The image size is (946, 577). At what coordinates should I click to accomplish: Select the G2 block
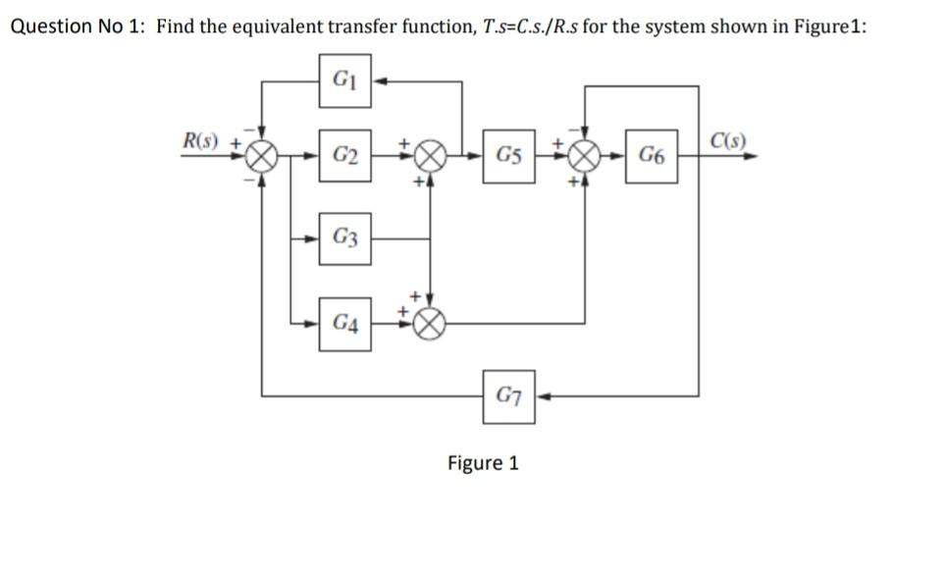(x=344, y=155)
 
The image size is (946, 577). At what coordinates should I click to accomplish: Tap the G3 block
(x=344, y=237)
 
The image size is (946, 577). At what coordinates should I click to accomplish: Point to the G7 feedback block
(x=509, y=397)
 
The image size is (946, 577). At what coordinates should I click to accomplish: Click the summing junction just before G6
(x=586, y=156)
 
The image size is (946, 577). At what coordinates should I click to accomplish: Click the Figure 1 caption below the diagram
(x=482, y=462)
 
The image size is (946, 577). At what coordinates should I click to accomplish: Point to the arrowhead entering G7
(x=543, y=397)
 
